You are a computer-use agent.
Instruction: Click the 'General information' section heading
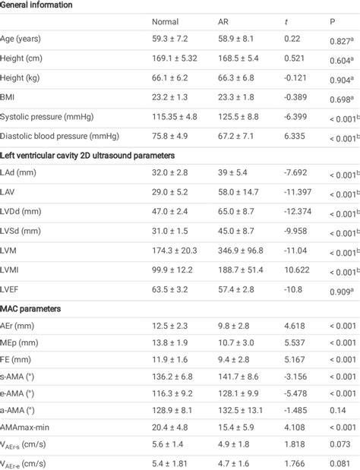point(36,5)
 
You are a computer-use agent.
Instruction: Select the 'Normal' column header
point(165,22)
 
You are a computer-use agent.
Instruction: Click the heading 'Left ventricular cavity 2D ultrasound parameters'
point(87,154)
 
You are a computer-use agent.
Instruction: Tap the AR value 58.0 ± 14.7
point(238,192)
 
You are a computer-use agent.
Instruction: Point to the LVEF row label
point(11,289)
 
